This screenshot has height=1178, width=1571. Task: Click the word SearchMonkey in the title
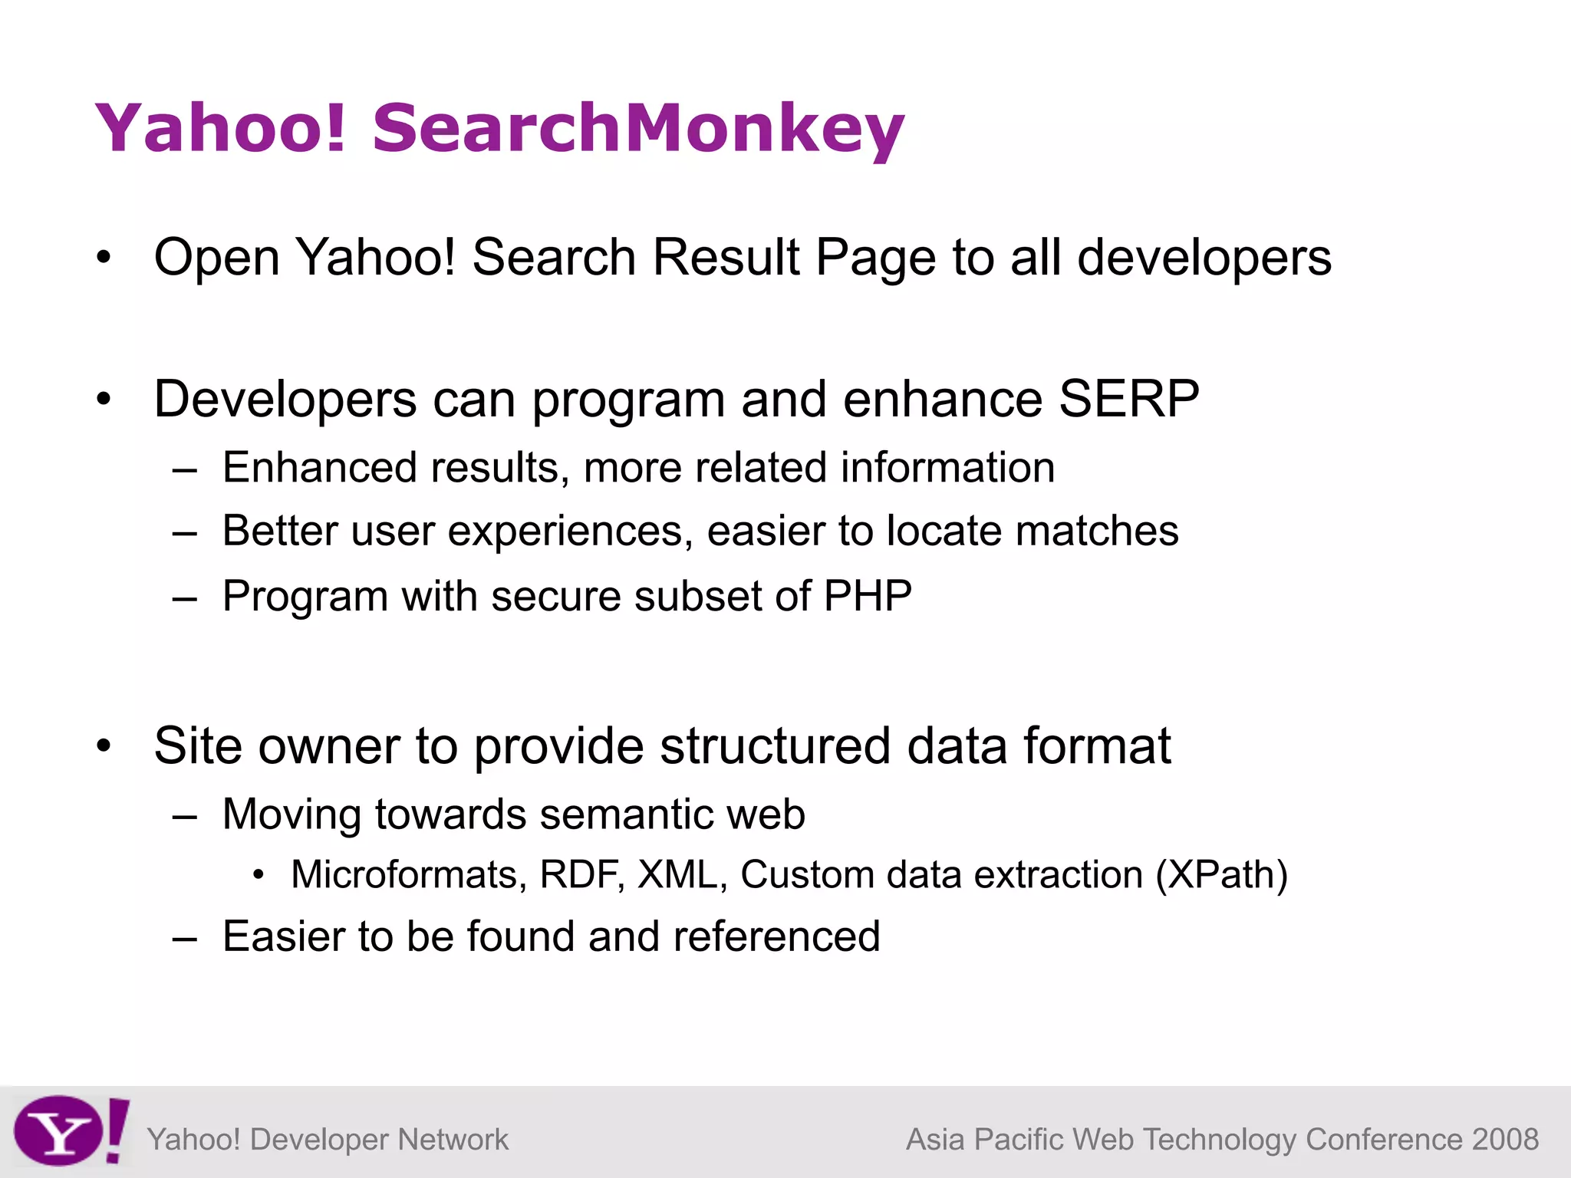click(638, 127)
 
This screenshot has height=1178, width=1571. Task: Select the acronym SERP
click(1128, 399)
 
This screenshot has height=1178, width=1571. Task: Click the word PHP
click(868, 596)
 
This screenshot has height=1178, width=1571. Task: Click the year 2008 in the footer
click(1505, 1140)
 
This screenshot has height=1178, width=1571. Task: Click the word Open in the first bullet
click(216, 258)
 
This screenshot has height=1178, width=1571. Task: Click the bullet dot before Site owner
click(104, 745)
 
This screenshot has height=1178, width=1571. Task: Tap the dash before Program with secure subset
click(185, 597)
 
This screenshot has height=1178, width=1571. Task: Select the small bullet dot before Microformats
click(259, 874)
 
